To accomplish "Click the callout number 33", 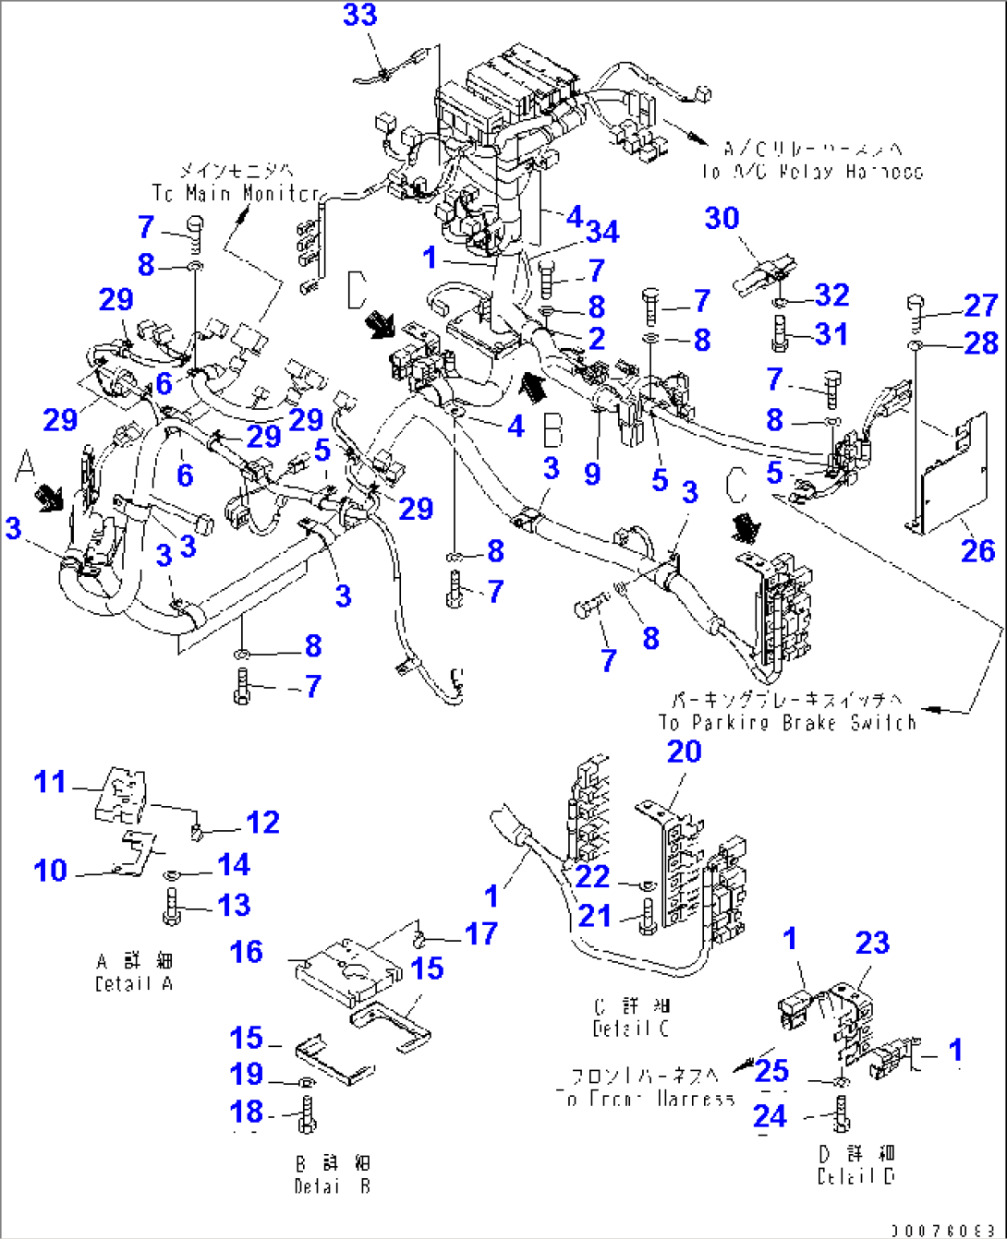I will coord(359,15).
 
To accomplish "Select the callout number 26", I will coord(977,551).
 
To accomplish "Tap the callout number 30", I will coord(722,218).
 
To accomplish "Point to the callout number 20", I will coord(684,752).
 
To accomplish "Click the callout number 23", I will coord(872,943).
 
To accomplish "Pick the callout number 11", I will coord(50,782).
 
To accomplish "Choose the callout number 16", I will coord(246,952).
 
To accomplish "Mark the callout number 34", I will coord(601,231).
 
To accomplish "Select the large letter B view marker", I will coord(552,430).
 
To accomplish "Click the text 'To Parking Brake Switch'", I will coord(787,722).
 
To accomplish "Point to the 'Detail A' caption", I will coord(134,983).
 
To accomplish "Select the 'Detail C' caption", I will coord(631,1028).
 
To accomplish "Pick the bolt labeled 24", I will coord(841,1113).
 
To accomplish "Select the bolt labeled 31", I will coord(778,333).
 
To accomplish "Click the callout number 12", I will coord(262,823).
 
